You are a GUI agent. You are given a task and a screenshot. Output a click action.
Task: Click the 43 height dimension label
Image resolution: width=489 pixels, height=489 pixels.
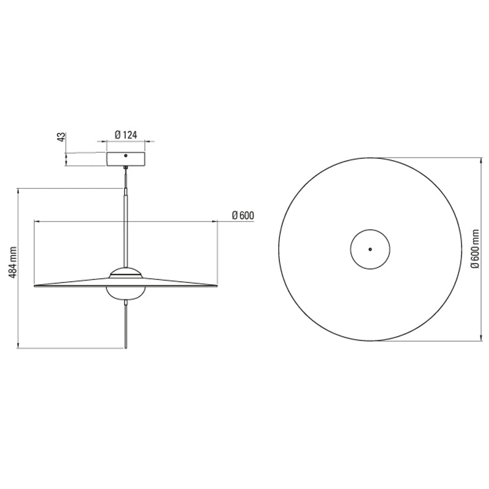[x=61, y=136]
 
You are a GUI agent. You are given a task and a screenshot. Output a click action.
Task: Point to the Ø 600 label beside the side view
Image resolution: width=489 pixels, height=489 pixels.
[x=243, y=215]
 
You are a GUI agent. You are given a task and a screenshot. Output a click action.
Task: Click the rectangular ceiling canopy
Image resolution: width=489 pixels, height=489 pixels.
[x=126, y=158]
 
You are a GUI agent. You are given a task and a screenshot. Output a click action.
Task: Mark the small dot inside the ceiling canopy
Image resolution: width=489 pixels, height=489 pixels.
[x=126, y=155]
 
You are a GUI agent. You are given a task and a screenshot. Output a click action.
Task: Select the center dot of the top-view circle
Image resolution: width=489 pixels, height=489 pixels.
[x=369, y=249]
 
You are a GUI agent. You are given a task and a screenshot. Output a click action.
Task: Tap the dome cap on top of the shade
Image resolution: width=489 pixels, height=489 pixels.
[x=126, y=272]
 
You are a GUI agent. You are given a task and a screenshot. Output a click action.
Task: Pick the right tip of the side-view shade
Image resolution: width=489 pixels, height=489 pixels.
[x=216, y=285]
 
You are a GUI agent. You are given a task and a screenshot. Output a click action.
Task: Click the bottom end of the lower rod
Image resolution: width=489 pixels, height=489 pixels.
[x=126, y=347]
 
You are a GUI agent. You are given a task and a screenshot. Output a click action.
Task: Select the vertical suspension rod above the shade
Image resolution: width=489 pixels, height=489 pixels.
[x=126, y=226]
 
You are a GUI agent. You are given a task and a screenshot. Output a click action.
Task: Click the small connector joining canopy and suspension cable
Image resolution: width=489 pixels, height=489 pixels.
[x=126, y=168]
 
